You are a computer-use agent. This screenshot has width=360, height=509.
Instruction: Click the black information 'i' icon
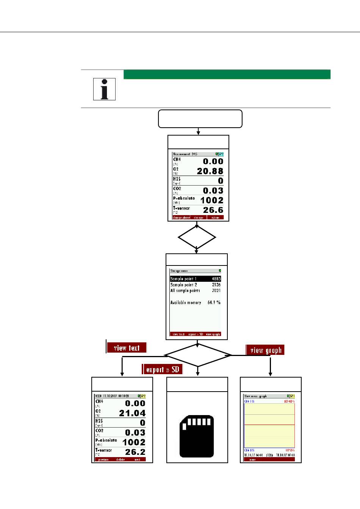(104, 89)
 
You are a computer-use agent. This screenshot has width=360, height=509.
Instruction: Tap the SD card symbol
(197, 436)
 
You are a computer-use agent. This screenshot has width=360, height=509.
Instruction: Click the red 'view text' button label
(127, 348)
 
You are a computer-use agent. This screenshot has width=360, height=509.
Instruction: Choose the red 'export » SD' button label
(162, 369)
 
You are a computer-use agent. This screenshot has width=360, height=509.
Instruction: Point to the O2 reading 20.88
(210, 171)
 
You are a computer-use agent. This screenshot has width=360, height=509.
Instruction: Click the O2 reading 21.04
(132, 413)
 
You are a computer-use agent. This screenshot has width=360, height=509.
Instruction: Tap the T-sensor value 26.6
(213, 210)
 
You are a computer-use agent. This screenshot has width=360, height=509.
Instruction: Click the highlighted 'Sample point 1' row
(196, 279)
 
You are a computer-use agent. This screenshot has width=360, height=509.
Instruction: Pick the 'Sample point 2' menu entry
(184, 285)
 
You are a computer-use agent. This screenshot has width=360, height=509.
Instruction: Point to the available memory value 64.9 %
(214, 303)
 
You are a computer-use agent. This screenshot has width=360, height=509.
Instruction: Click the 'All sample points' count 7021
(216, 290)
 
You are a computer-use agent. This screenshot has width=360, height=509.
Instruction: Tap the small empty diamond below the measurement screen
(197, 237)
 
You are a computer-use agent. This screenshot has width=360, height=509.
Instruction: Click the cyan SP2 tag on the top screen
(221, 154)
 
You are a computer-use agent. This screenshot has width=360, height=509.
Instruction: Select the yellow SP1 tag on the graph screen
(292, 396)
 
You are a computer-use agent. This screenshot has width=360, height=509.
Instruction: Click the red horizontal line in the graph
(269, 425)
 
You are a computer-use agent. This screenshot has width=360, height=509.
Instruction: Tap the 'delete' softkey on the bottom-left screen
(121, 460)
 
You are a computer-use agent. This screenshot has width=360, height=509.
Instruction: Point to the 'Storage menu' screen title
(179, 271)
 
